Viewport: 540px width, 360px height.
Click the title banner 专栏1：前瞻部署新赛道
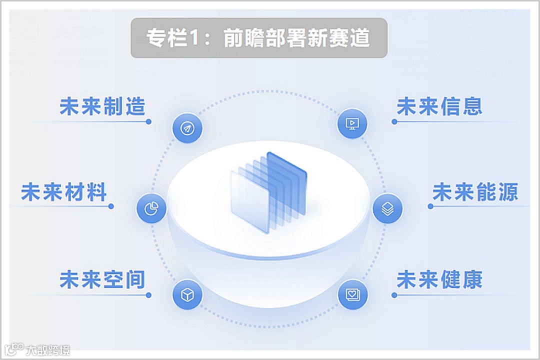(x=259, y=38)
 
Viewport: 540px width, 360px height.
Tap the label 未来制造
(x=102, y=106)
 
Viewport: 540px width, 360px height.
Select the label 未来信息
(x=439, y=106)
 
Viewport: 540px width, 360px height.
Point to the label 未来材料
(x=64, y=192)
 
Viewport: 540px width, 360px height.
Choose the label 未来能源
(x=475, y=192)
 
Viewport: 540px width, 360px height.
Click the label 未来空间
(x=102, y=279)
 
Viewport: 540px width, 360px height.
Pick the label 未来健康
(x=439, y=279)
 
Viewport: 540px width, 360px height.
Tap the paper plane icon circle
(x=187, y=128)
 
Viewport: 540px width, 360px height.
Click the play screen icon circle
(x=352, y=123)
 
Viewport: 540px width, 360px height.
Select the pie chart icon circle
(x=151, y=208)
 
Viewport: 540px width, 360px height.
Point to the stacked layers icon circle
(x=387, y=208)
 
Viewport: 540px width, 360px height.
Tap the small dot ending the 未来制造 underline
(x=148, y=121)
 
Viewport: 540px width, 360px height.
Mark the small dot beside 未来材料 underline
(x=111, y=206)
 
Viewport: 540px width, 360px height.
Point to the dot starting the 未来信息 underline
(x=394, y=121)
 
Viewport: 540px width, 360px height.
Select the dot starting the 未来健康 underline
(x=394, y=295)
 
